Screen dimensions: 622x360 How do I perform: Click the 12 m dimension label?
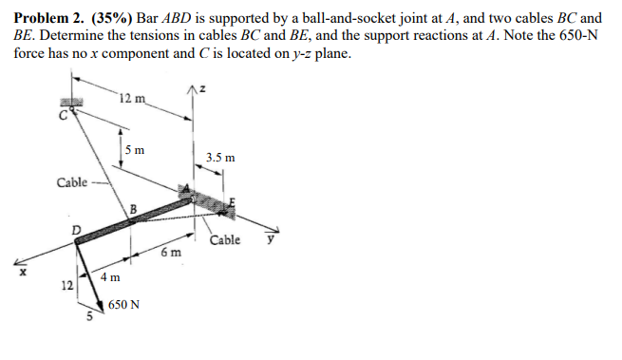click(133, 98)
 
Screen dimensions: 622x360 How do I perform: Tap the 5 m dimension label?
click(135, 150)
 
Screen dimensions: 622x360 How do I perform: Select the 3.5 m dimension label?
click(220, 158)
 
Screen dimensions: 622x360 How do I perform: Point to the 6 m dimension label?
click(171, 252)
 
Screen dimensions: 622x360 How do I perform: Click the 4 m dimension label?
click(110, 277)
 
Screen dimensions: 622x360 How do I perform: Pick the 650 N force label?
click(123, 305)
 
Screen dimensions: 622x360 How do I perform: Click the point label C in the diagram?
click(63, 116)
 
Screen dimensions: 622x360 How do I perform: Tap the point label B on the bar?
click(133, 209)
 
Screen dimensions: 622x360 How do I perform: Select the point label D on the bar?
click(75, 230)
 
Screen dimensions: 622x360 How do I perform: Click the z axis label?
click(202, 89)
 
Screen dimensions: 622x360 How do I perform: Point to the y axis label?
click(271, 239)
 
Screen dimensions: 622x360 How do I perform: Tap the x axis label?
click(23, 272)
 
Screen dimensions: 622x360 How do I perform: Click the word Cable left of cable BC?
click(72, 182)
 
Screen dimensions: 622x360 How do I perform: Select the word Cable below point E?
click(225, 240)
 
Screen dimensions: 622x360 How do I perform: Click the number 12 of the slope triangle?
click(67, 285)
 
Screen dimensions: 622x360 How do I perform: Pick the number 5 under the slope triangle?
click(89, 316)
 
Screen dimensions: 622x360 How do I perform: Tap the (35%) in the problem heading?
click(112, 18)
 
